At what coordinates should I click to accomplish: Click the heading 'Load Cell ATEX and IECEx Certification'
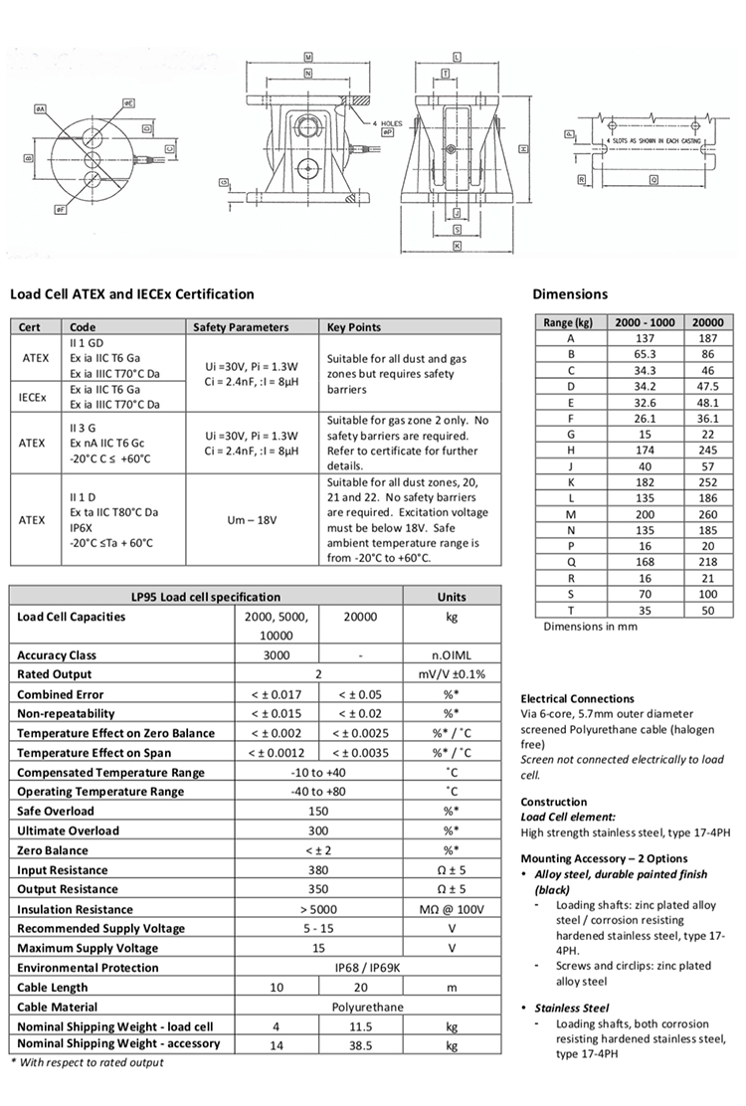[131, 294]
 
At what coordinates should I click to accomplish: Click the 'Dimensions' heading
[570, 294]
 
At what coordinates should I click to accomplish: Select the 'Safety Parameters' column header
[240, 327]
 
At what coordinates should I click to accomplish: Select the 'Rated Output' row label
[56, 674]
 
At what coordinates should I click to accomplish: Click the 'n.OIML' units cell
[451, 655]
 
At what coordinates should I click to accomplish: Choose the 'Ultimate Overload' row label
[68, 830]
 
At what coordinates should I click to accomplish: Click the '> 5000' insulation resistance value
[317, 909]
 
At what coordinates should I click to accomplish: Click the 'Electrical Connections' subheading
[577, 698]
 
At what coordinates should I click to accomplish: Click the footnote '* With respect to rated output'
[87, 1062]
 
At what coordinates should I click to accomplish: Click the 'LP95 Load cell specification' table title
[207, 597]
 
